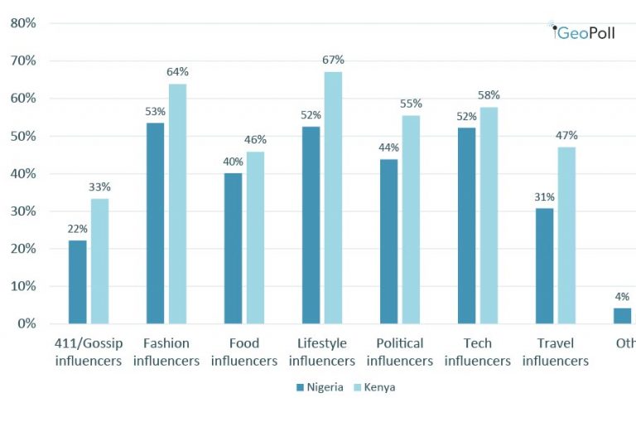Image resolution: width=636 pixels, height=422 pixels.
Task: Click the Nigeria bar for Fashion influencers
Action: pos(155,223)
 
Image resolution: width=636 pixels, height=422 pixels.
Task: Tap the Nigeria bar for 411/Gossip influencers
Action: pos(77,282)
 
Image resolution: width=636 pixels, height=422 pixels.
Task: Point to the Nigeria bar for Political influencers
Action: pos(388,241)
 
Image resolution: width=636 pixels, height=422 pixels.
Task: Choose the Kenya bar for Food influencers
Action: pos(255,237)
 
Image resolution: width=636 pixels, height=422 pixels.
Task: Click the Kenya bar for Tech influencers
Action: pos(489,215)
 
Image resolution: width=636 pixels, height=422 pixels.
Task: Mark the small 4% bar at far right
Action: pos(622,315)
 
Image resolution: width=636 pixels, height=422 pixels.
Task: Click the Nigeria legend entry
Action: pos(319,387)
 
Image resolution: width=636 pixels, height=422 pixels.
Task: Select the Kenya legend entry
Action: pos(374,387)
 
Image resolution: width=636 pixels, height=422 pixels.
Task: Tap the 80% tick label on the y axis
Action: pos(22,23)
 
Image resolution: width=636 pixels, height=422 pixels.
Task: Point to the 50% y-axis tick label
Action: pos(22,136)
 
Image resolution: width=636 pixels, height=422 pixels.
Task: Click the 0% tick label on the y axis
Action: pos(26,323)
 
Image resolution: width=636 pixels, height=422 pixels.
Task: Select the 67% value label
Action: pos(334,60)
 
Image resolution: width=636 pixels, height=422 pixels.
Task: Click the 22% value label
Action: pos(78,228)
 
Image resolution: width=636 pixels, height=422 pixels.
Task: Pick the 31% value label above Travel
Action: pos(545,196)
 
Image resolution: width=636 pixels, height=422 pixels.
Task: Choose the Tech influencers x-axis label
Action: pos(478,352)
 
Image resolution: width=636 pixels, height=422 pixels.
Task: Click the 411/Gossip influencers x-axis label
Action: pos(89,352)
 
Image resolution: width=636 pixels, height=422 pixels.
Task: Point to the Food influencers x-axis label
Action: pos(244,352)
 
